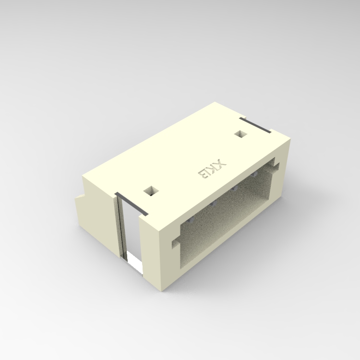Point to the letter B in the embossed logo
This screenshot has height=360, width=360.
[204, 174]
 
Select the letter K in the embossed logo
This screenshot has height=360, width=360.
[212, 169]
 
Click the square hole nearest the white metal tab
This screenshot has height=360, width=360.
[151, 191]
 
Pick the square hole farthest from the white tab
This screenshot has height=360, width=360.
[240, 134]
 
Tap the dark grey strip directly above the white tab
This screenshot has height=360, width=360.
[132, 204]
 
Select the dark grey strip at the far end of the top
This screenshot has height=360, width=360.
[255, 125]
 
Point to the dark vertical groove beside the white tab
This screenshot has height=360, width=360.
[121, 228]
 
